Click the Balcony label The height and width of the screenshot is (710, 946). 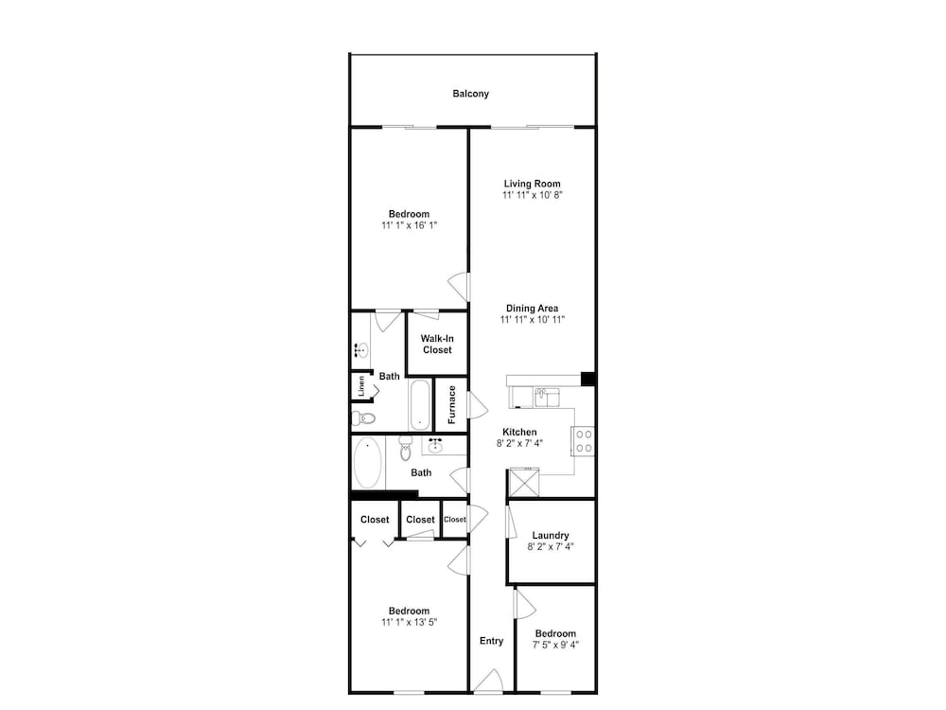(470, 94)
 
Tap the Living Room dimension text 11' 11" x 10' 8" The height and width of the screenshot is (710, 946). (532, 195)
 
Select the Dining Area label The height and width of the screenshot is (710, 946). (532, 309)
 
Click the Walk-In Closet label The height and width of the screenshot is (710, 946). (437, 345)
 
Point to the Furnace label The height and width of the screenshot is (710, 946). (452, 404)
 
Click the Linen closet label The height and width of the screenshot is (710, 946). (361, 386)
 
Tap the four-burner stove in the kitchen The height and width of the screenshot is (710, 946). (584, 441)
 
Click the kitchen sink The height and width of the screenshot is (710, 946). (547, 398)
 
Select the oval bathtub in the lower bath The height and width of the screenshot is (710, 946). (367, 463)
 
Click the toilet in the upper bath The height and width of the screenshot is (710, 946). (363, 417)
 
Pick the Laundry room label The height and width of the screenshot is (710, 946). (551, 536)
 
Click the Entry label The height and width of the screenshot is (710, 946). (491, 641)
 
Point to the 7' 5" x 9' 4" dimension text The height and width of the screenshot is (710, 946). (555, 645)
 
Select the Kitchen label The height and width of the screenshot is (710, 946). (519, 433)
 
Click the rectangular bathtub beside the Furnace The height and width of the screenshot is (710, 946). (420, 404)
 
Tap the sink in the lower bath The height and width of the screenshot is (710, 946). (435, 446)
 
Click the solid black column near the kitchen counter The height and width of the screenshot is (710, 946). (588, 380)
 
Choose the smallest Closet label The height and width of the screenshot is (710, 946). (454, 519)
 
